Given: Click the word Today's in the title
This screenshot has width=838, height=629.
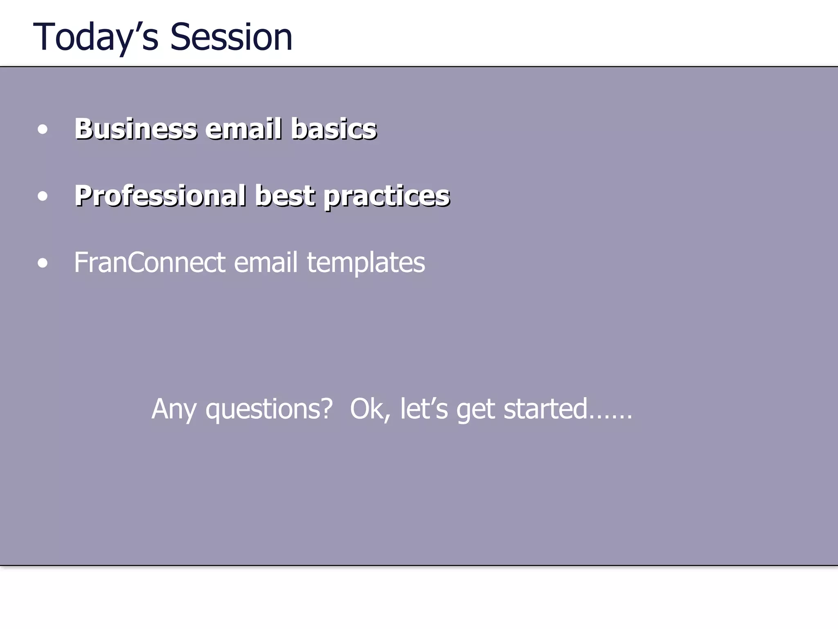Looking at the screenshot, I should [95, 38].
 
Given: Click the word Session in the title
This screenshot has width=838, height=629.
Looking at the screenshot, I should [231, 38].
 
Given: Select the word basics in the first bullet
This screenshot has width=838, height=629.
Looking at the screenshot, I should [333, 129].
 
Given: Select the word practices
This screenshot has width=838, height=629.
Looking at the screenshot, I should [387, 197].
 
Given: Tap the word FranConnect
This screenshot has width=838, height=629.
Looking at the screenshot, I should [149, 262].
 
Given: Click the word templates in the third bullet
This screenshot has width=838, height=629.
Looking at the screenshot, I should [366, 263].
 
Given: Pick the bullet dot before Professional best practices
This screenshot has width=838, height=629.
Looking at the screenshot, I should [42, 197].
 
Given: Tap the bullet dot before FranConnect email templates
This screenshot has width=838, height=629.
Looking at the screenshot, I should [42, 263].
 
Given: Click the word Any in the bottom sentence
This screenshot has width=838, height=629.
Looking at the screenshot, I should [173, 410].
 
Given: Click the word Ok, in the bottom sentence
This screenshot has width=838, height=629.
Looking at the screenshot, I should [369, 410].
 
